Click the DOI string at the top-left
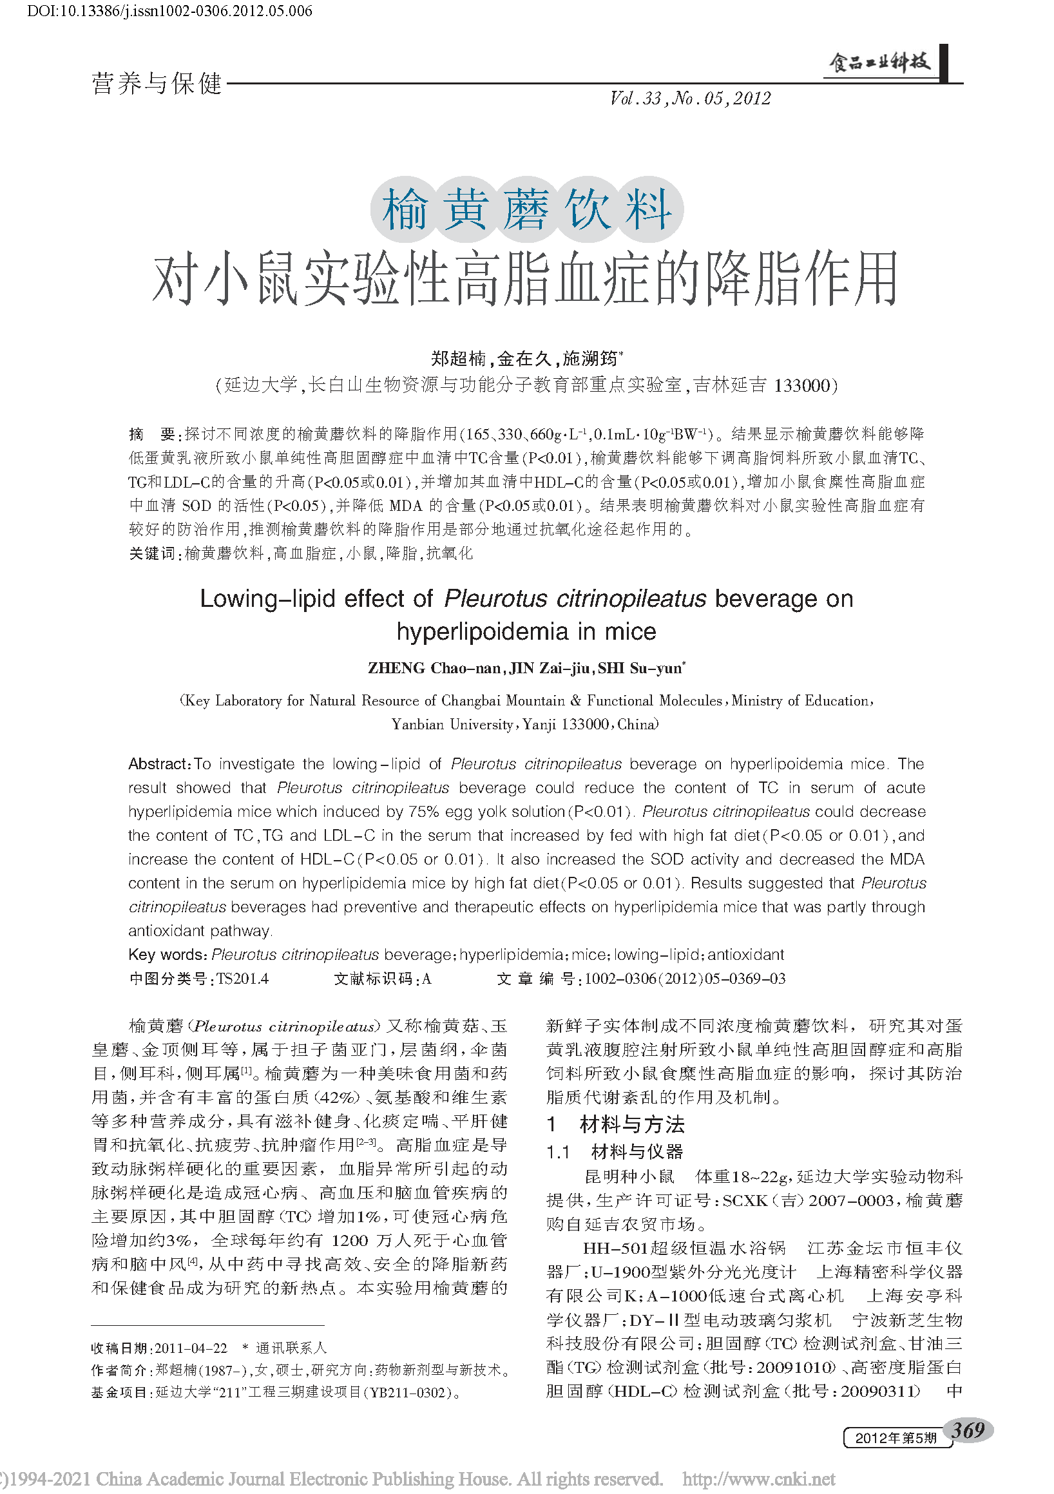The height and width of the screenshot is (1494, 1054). point(170,11)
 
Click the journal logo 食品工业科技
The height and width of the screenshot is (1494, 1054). point(879,62)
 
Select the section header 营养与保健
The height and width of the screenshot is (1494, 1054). point(157,84)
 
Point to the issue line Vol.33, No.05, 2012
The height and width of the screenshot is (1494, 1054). point(689,99)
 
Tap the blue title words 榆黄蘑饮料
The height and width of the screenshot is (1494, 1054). point(526,209)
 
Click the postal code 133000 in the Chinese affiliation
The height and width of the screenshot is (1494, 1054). point(801,386)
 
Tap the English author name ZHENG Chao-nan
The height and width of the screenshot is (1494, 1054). point(434,668)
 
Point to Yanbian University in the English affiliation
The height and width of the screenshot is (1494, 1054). point(452,724)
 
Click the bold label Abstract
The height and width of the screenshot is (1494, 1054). point(158,763)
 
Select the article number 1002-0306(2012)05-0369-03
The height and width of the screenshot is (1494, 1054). point(684,979)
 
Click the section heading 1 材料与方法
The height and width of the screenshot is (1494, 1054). point(615,1124)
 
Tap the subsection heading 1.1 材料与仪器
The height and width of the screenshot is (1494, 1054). point(614,1153)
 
